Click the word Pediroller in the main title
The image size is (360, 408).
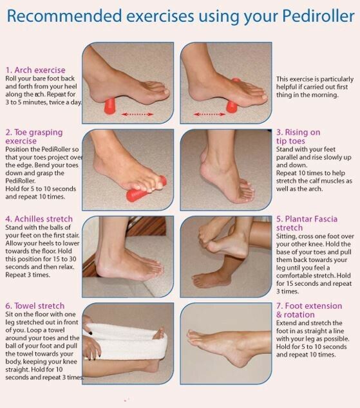pyautogui.click(x=318, y=16)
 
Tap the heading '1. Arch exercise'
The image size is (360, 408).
pyautogui.click(x=35, y=70)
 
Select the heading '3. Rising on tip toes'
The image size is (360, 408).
pyautogui.click(x=298, y=136)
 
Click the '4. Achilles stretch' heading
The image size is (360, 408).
pyautogui.click(x=39, y=219)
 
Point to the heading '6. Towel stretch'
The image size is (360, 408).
pyautogui.click(x=35, y=306)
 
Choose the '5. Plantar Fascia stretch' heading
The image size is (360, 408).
pyautogui.click(x=307, y=223)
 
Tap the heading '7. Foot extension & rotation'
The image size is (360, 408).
pyautogui.click(x=309, y=310)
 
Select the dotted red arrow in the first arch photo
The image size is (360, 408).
pyautogui.click(x=137, y=115)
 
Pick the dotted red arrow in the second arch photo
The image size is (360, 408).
pyautogui.click(x=209, y=115)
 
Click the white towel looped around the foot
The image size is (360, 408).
pyautogui.click(x=125, y=340)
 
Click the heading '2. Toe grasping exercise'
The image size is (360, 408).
pyautogui.click(x=34, y=136)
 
